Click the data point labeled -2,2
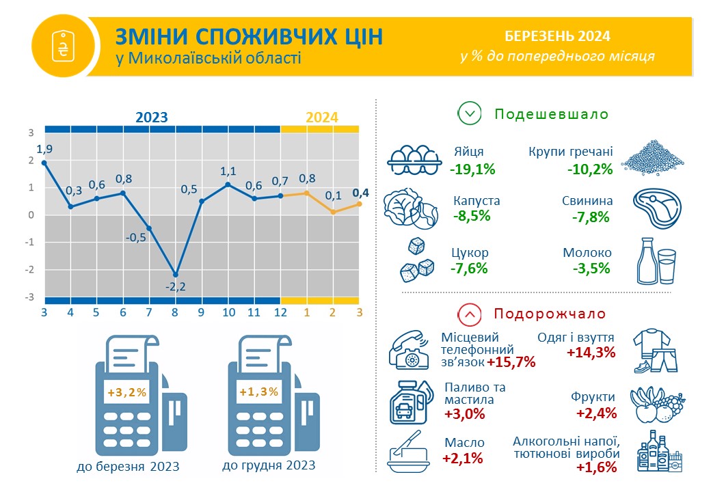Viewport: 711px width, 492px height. pos(176,275)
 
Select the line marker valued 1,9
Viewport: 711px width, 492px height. pos(44,163)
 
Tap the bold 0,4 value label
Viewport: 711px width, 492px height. pos(360,193)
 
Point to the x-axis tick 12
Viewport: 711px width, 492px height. pos(281,312)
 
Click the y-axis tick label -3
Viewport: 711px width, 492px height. pos(29,297)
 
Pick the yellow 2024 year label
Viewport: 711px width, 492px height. pos(322,118)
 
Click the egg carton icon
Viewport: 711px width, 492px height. pos(414,159)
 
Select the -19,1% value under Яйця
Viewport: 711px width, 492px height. pos(472,169)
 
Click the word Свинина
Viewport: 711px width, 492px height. pos(587,201)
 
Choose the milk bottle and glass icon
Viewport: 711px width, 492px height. pos(656,261)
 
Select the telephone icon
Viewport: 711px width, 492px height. pos(409,350)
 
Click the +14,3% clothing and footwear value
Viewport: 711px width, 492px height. pos(591,353)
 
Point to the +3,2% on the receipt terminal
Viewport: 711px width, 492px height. pos(127,392)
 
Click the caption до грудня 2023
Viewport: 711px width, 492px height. pos(269,465)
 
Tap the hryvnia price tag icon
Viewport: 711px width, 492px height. pos(63,46)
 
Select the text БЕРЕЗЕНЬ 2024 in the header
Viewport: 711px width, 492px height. pos(557,36)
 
